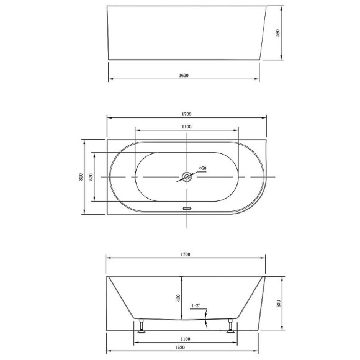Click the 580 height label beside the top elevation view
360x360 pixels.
[x=278, y=33]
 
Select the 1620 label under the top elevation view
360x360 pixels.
[x=184, y=76]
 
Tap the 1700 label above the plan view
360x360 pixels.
[x=186, y=114]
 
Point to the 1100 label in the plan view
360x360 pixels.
[x=186, y=127]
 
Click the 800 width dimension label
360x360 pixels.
[x=81, y=176]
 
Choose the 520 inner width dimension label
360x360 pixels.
[x=91, y=177]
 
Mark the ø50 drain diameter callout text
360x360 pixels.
[x=202, y=168]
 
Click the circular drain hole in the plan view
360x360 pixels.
[x=187, y=177]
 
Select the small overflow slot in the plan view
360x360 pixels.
[x=187, y=208]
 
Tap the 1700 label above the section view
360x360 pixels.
[x=186, y=254]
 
